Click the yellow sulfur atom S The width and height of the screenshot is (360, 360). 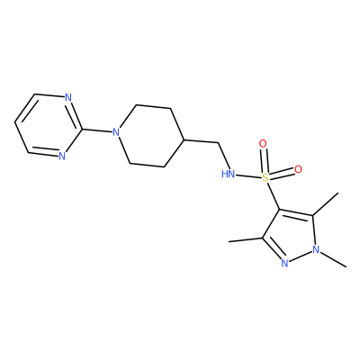pos(265,178)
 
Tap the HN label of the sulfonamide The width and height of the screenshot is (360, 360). pos(228,174)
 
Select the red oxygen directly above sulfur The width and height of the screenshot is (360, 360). pos(263,144)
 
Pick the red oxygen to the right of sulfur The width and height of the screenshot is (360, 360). pos(298,169)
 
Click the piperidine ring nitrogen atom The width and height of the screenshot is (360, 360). pos(116,132)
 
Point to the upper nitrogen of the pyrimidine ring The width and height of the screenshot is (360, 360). pos(68,98)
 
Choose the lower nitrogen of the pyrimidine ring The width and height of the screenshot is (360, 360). pos(62,156)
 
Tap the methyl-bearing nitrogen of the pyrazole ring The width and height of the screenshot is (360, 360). pos(315,249)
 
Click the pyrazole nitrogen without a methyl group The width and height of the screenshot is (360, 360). pos(284,264)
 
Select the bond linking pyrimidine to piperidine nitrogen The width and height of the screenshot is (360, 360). pos(97,130)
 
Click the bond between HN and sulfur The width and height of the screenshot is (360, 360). pos(248,176)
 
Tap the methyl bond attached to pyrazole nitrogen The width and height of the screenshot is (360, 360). pos(333,259)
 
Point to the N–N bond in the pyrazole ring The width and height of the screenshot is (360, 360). pos(300,256)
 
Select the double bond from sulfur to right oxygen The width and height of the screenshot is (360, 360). pos(282,174)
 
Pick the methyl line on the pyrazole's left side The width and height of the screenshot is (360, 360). pos(246,239)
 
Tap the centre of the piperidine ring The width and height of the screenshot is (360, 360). pos(149,136)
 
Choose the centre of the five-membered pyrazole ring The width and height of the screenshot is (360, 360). pos(291,236)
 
